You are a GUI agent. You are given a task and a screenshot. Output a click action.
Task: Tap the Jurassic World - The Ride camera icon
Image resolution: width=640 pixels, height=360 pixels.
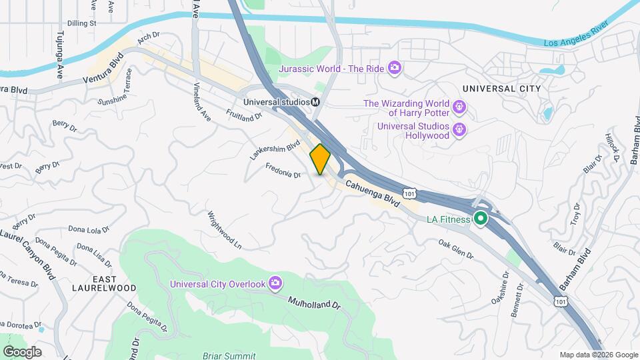pos(395,67)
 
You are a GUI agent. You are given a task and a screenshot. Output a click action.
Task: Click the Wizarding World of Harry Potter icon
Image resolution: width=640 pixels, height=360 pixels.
pos(459,106)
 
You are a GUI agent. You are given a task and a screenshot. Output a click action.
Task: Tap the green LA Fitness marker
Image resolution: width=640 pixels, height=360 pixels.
pos(480,218)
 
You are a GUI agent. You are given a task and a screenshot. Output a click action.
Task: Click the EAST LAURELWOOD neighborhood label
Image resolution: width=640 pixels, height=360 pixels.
pos(105,283)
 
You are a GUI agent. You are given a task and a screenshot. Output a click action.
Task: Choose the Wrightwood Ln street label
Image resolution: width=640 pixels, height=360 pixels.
pos(224,230)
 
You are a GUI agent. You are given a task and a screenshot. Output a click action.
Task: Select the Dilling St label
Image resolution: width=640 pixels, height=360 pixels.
pos(83,23)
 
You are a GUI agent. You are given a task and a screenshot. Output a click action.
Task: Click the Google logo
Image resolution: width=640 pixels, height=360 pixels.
pos(22,351)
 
